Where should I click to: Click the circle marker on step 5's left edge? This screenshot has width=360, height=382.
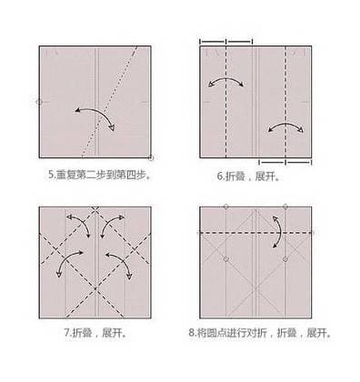[39, 102]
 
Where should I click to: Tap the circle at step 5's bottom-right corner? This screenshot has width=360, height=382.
[151, 157]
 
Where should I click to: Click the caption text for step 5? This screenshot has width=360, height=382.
[99, 175]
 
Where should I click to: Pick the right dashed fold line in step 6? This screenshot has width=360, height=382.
[285, 103]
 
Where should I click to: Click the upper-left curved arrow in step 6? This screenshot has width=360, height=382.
[226, 79]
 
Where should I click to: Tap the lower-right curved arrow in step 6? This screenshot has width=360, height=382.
[285, 124]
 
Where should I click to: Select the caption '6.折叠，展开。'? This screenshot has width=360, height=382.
[248, 176]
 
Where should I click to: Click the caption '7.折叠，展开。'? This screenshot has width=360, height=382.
[95, 333]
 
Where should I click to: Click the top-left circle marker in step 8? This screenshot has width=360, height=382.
[226, 206]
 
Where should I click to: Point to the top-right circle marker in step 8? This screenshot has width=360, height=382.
[285, 206]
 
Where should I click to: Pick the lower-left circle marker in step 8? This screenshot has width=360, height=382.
[226, 259]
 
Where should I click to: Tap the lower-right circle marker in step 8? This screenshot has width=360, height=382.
[285, 259]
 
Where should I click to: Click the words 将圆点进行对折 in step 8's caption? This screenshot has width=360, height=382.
[232, 333]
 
